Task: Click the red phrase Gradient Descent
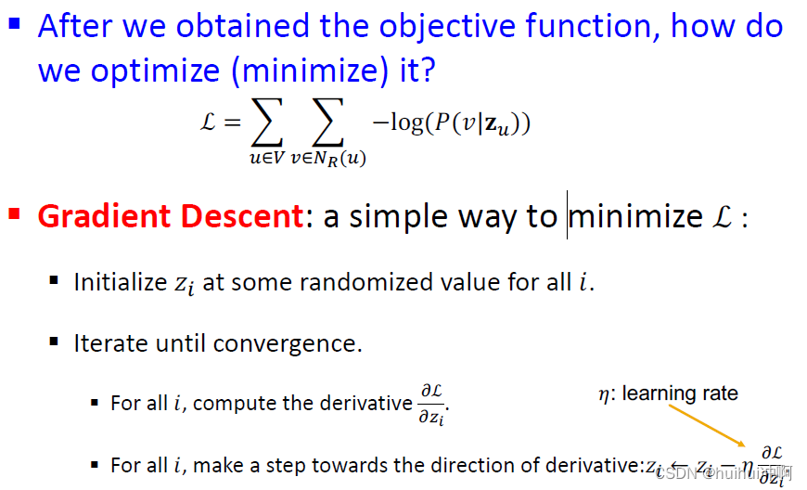pos(170,216)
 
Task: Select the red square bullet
pos(14,214)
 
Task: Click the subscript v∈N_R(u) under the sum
pos(327,159)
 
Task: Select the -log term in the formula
pos(397,122)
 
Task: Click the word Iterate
pos(109,343)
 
